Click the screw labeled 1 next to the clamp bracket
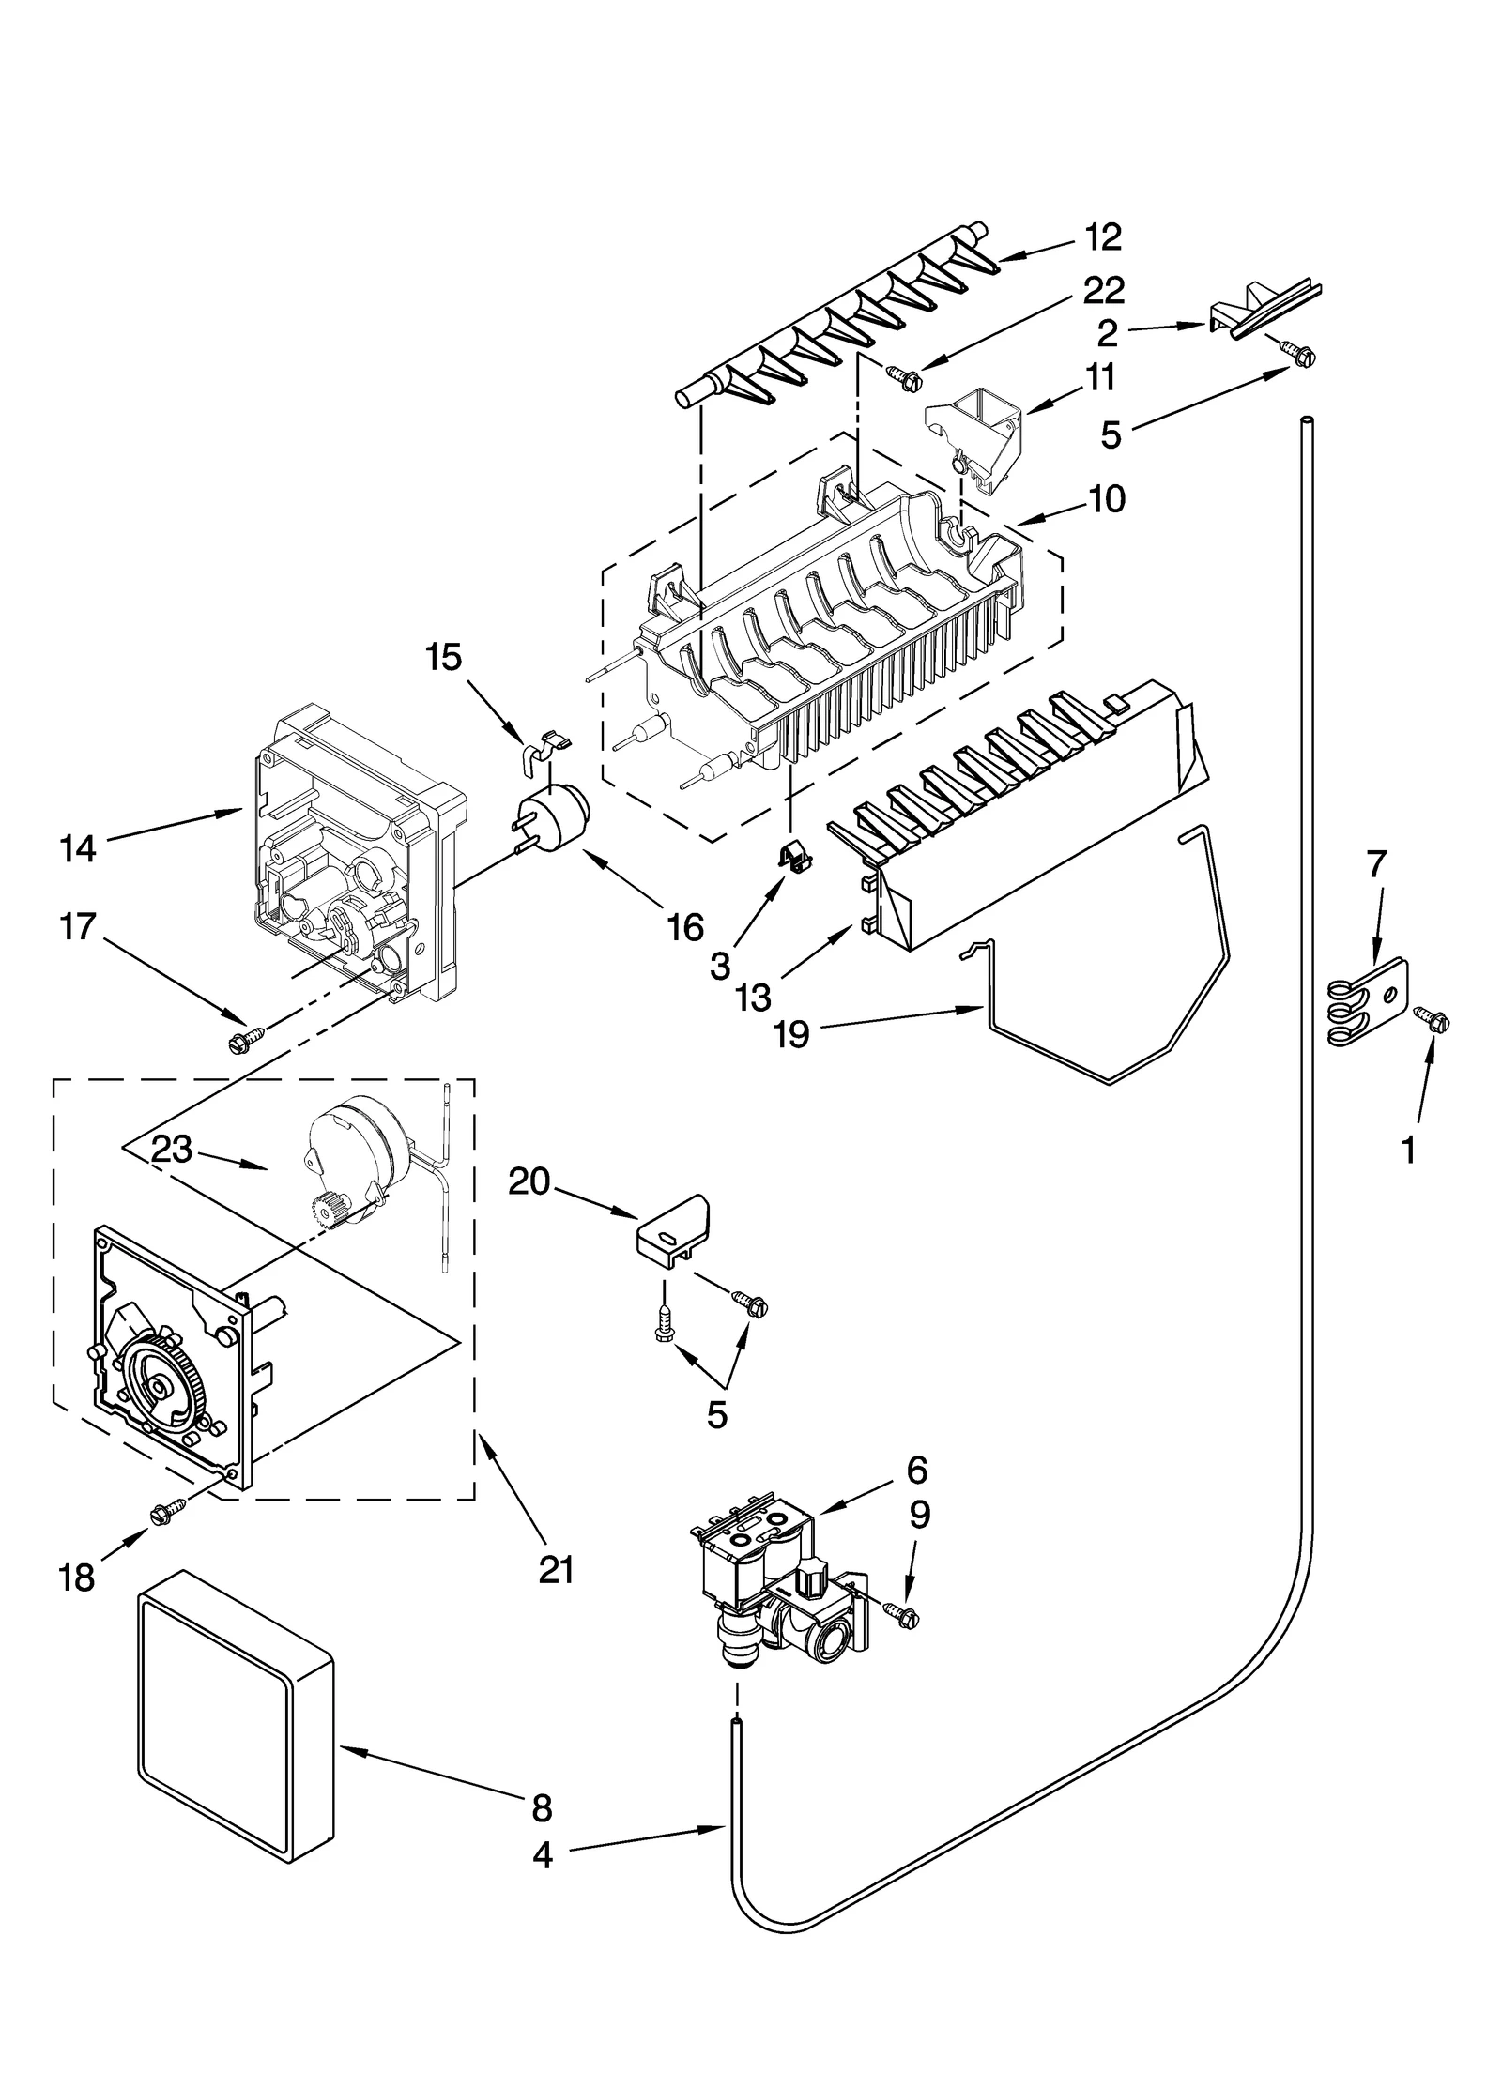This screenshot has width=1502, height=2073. tap(1434, 1016)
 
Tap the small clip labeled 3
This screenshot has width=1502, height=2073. tap(794, 854)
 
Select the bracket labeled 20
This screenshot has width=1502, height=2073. tap(673, 1227)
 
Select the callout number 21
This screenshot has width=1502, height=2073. tap(556, 1569)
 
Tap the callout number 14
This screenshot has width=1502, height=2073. tap(78, 849)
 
